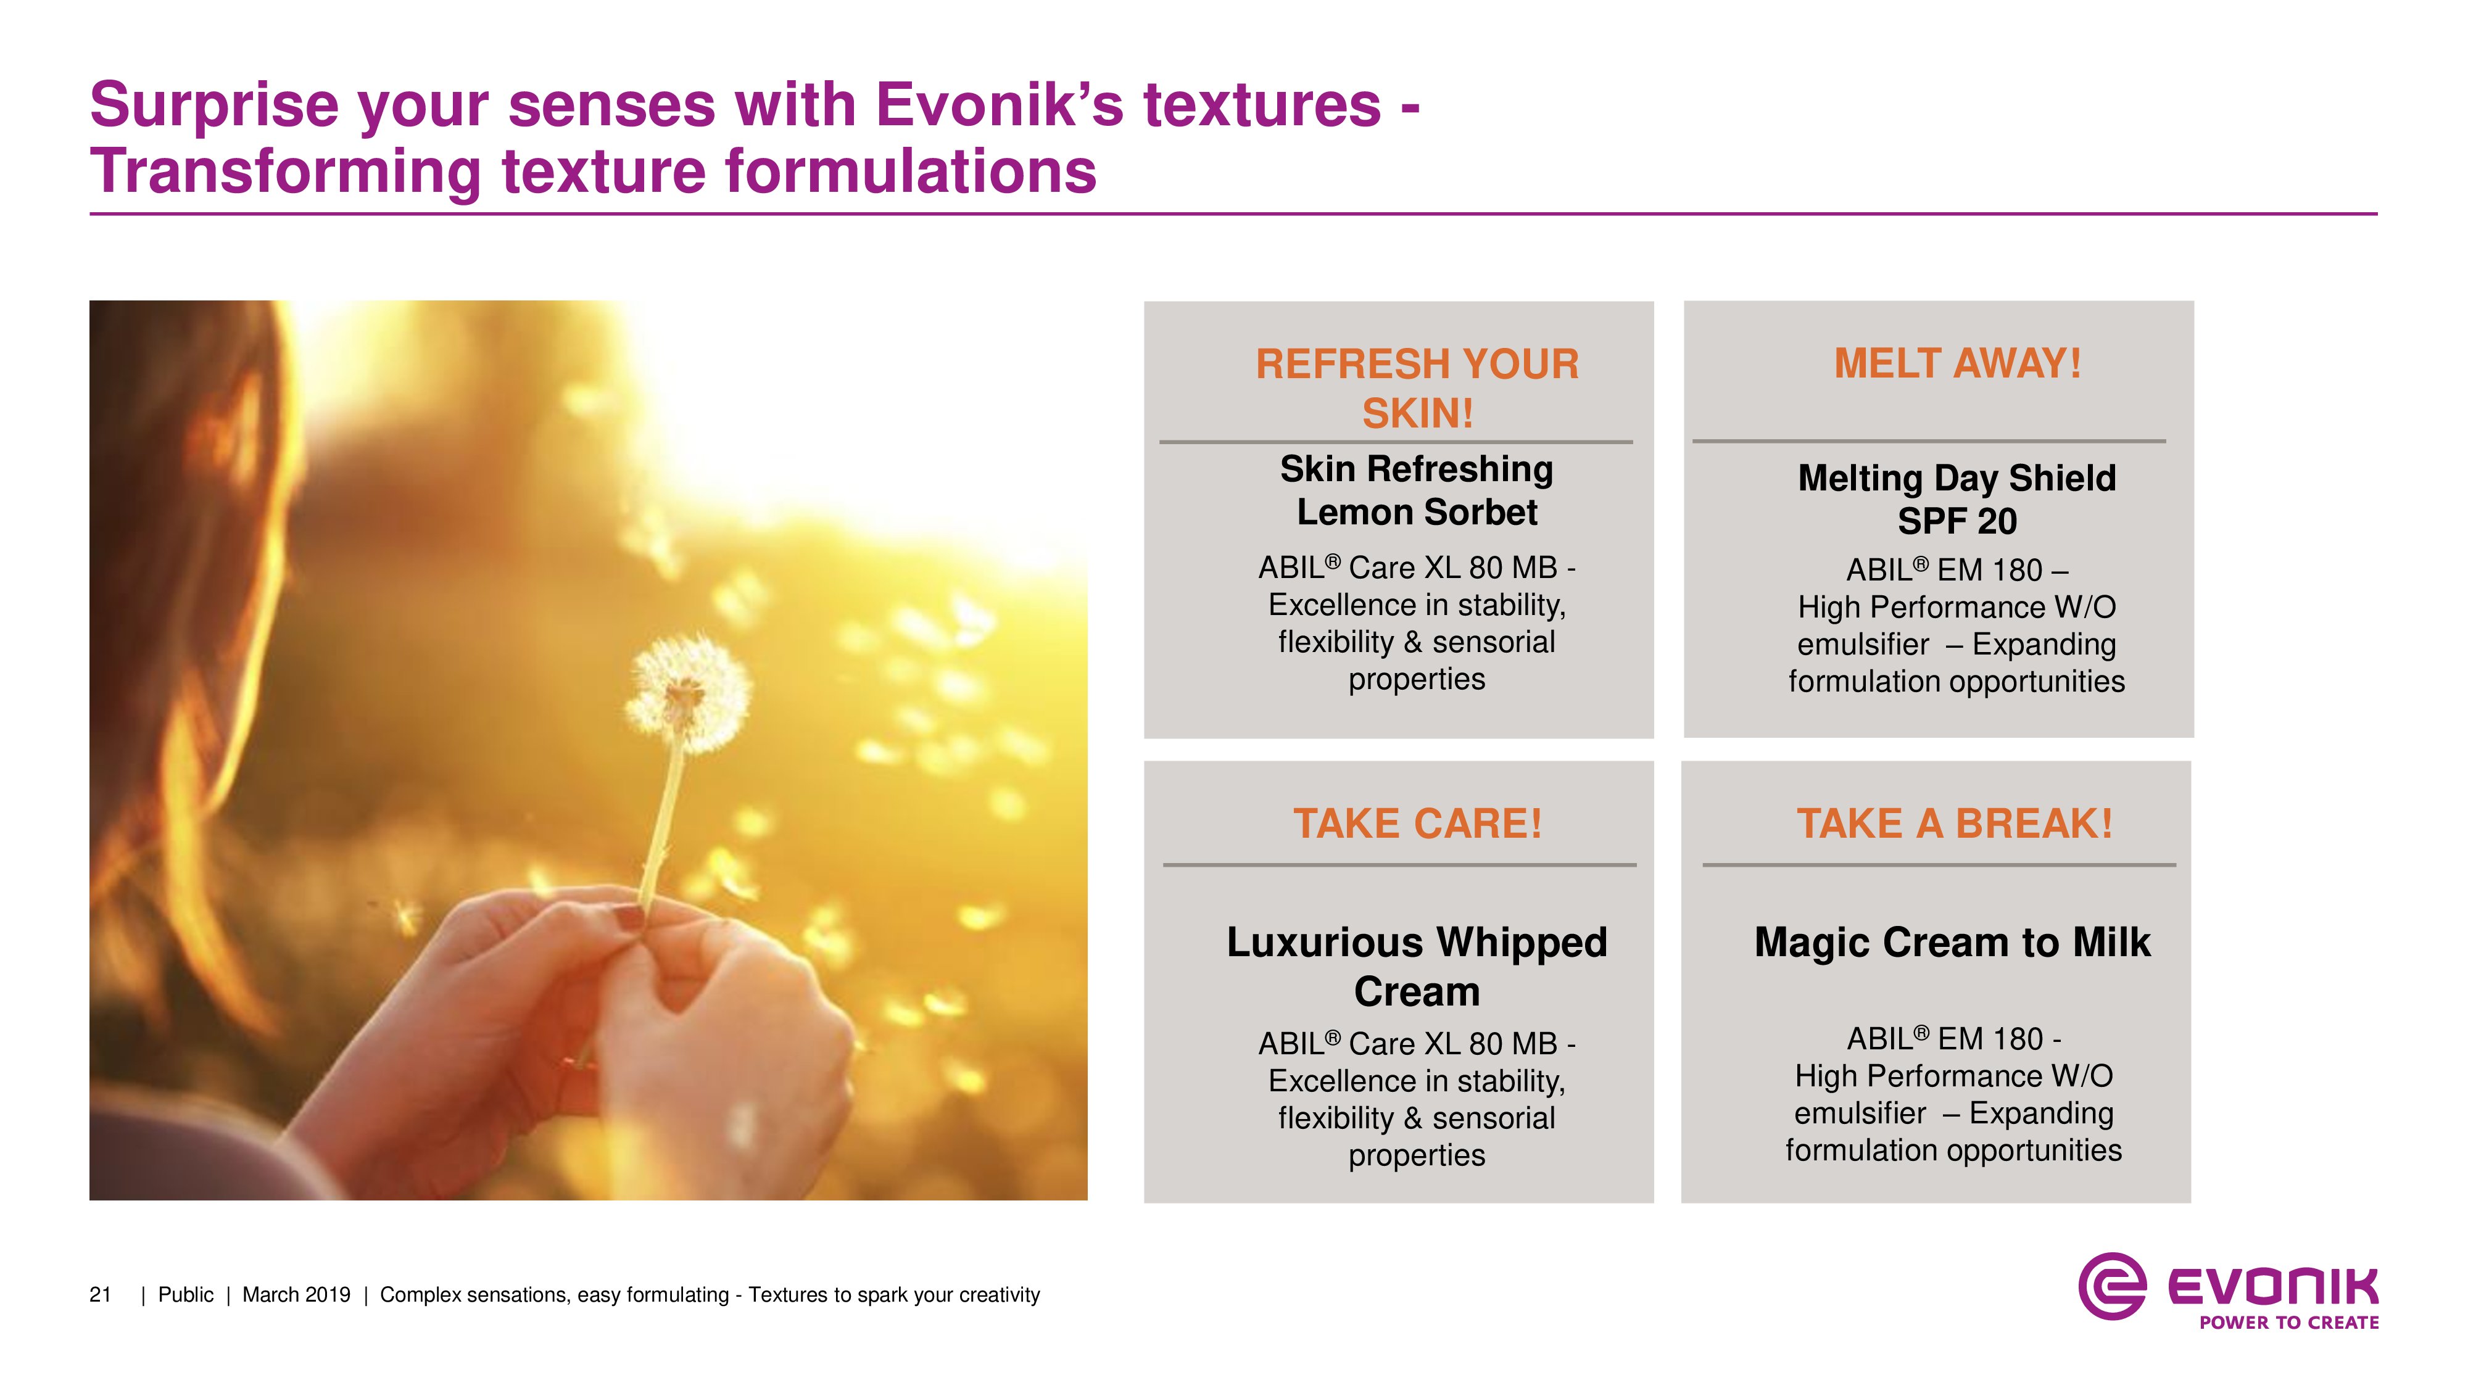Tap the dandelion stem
click(x=663, y=824)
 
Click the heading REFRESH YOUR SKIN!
click(x=1417, y=388)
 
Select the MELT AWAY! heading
click(x=1957, y=363)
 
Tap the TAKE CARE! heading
click(x=1417, y=823)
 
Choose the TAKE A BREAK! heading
click(x=1955, y=823)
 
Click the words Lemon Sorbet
click(x=1417, y=513)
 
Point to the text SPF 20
click(x=1957, y=521)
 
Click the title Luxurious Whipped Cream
click(x=1417, y=967)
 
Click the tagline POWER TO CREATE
click(x=2289, y=1323)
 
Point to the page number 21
click(x=101, y=1295)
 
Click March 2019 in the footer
click(x=296, y=1295)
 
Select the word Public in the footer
click(x=186, y=1295)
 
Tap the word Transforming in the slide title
click(x=286, y=173)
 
